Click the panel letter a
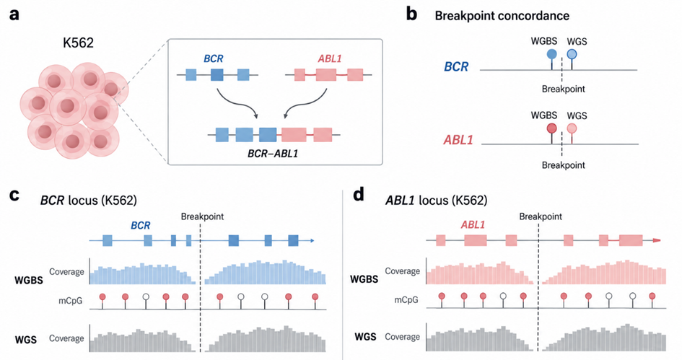point(14,14)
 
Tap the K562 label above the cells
point(78,43)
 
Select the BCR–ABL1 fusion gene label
point(273,153)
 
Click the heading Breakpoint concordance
point(502,16)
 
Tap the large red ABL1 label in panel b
point(458,140)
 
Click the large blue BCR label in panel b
point(456,66)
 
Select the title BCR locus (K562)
point(89,201)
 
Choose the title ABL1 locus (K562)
point(436,201)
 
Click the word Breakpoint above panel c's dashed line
point(202,216)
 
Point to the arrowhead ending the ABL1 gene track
point(657,240)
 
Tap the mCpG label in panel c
point(71,300)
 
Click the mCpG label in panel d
point(406,299)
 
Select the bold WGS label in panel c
point(26,340)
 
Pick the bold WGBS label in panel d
point(364,278)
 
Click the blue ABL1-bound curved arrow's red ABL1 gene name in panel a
point(329,58)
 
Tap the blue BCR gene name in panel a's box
point(213,58)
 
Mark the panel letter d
point(359,196)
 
